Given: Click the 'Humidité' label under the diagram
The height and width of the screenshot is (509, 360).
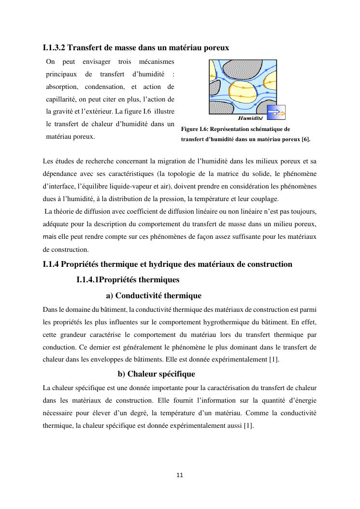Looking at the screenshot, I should tap(250, 118).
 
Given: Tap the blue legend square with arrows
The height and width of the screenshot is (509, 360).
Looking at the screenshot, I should tap(276, 112).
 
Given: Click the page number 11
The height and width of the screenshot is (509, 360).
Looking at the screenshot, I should tap(180, 475).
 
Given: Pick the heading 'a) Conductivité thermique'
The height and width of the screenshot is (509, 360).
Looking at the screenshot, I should tap(154, 295).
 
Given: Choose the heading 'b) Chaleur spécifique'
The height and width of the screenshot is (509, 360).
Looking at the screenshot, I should tap(157, 374).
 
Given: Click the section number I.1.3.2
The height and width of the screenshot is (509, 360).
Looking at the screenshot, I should tap(54, 48).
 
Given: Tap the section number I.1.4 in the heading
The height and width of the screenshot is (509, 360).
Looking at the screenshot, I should tap(51, 264).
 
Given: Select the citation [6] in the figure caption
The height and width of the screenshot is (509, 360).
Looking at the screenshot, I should tap(306, 139).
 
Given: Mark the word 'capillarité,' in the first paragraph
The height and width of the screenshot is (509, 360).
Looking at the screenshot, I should tap(62, 99).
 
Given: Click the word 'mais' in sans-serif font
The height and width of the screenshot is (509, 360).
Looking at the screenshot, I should tap(50, 237).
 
